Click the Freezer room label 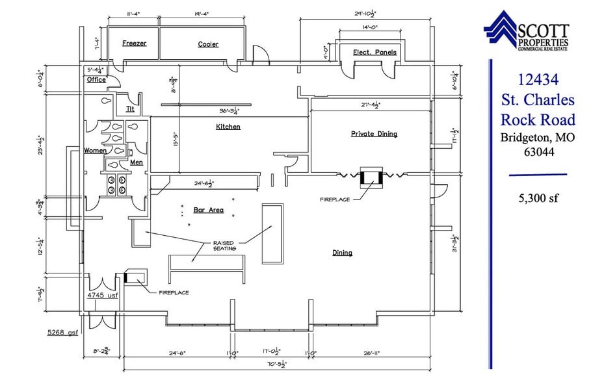[x=135, y=44]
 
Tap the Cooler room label [x=208, y=44]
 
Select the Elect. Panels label [x=374, y=52]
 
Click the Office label [x=96, y=80]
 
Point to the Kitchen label [x=228, y=127]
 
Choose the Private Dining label [x=374, y=134]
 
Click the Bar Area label [x=209, y=210]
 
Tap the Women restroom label [x=95, y=151]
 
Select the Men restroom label [x=137, y=162]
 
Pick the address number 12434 [x=538, y=80]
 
